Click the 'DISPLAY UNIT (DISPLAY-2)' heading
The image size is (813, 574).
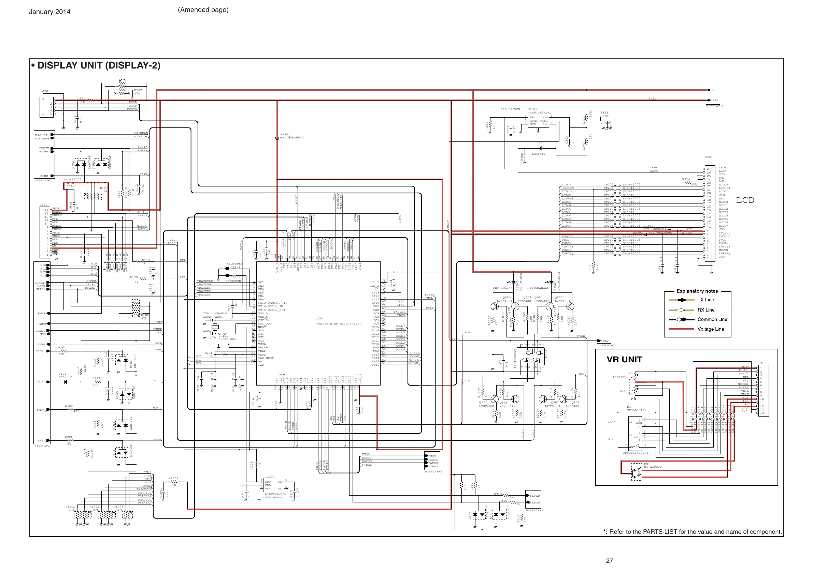pos(99,65)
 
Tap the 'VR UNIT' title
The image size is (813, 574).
pos(624,360)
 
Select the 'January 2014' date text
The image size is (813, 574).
pos(49,12)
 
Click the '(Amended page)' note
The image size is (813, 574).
pos(203,10)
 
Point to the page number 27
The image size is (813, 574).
pos(609,561)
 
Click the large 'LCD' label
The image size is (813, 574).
pos(745,200)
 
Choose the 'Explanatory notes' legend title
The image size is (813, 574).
pos(697,291)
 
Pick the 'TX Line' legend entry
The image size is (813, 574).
pos(706,300)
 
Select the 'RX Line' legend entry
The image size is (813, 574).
pos(706,310)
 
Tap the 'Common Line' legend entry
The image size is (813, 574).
pos(712,319)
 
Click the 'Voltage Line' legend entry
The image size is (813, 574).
pos(711,329)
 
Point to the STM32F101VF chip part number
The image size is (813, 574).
pos(338,324)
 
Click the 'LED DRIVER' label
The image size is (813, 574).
pos(510,109)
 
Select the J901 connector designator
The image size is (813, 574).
pos(46,91)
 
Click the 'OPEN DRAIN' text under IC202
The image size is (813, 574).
pos(273,498)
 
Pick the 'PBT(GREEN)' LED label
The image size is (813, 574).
pos(502,288)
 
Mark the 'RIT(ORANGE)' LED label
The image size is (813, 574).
pos(538,288)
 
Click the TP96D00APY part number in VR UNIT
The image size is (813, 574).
pos(636,410)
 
